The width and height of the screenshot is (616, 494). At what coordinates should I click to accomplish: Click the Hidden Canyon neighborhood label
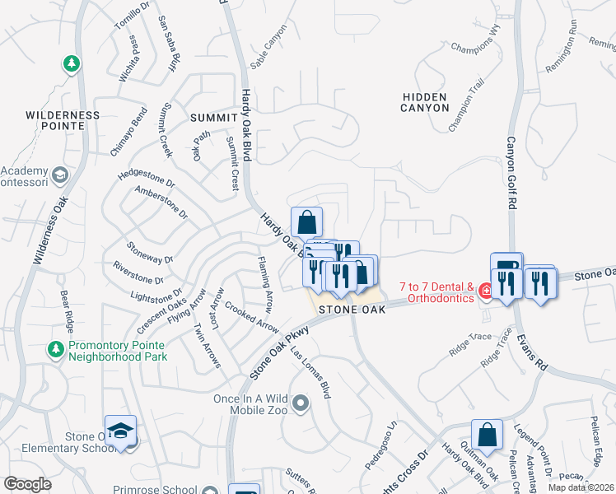pyautogui.click(x=425, y=102)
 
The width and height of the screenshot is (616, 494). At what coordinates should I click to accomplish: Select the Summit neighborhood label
pyautogui.click(x=213, y=118)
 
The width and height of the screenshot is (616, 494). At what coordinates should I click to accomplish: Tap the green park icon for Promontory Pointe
pyautogui.click(x=56, y=348)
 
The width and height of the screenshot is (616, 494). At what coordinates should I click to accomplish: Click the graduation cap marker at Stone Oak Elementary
pyautogui.click(x=120, y=431)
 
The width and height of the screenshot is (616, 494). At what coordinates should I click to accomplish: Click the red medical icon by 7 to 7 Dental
pyautogui.click(x=486, y=291)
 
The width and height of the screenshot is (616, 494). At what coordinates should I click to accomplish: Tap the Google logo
pyautogui.click(x=27, y=484)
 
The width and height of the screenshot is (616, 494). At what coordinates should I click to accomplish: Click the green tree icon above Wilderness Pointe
pyautogui.click(x=72, y=63)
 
